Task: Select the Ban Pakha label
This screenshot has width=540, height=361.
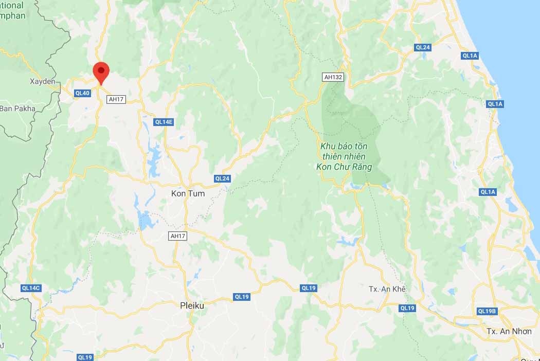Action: [17, 109]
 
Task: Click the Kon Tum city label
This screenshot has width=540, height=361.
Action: [187, 194]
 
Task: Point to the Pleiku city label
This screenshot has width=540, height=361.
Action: [192, 305]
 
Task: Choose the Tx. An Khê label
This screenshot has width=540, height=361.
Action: [387, 289]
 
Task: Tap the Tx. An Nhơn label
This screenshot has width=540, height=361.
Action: [509, 331]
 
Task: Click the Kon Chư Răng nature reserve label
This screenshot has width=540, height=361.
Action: [344, 156]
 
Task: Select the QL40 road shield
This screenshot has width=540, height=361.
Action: [82, 93]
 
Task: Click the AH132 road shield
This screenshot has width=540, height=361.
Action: [332, 77]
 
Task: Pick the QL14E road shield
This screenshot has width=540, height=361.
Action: [164, 122]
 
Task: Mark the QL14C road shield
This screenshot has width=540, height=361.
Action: [31, 288]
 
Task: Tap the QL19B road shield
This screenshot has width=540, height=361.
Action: [487, 311]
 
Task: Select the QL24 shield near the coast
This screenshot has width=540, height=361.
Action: [422, 47]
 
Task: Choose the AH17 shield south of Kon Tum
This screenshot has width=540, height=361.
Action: [177, 236]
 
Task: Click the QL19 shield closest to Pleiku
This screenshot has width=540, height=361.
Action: [241, 296]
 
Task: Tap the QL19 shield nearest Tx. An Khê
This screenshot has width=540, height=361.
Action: [407, 308]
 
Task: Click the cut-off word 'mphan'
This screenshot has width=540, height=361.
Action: [12, 15]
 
